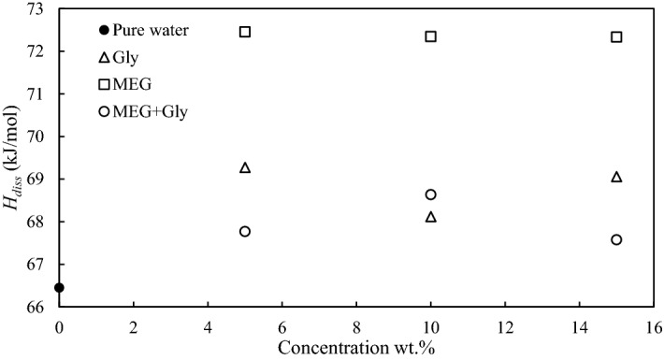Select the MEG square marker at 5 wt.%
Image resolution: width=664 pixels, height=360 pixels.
(245, 32)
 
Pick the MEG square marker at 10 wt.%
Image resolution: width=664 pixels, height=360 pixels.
(431, 36)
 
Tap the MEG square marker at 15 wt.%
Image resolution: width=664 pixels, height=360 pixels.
(616, 36)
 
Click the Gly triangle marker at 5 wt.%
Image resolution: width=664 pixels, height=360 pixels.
(245, 167)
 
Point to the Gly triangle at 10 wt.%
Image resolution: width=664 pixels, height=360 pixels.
(431, 217)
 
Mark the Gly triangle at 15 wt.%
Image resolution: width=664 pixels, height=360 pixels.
(616, 177)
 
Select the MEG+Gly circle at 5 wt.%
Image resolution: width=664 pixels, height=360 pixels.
(245, 231)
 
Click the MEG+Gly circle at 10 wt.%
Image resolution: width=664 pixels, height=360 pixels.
(431, 194)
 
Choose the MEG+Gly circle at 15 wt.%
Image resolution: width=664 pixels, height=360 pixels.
(616, 239)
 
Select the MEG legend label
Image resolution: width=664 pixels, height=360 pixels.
(130, 85)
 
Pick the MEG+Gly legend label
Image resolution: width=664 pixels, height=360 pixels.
(149, 113)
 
